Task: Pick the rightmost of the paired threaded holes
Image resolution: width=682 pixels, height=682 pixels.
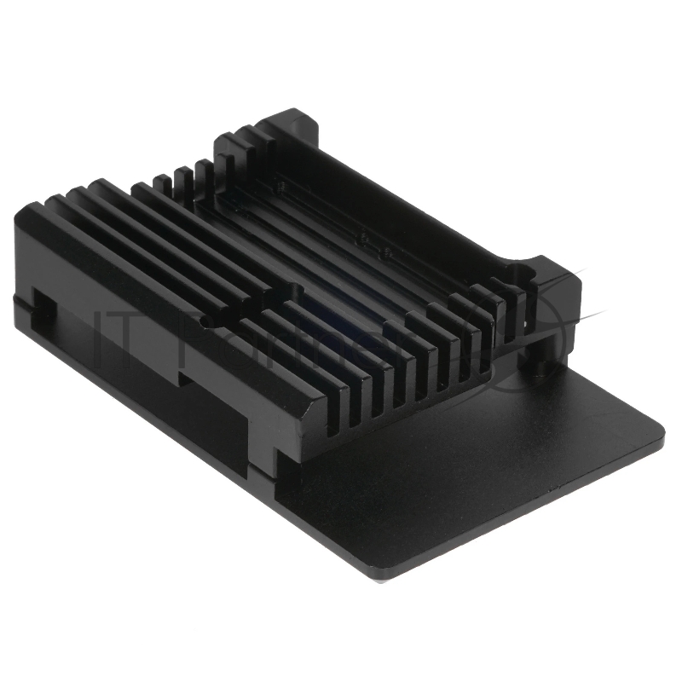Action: tap(386, 252)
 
